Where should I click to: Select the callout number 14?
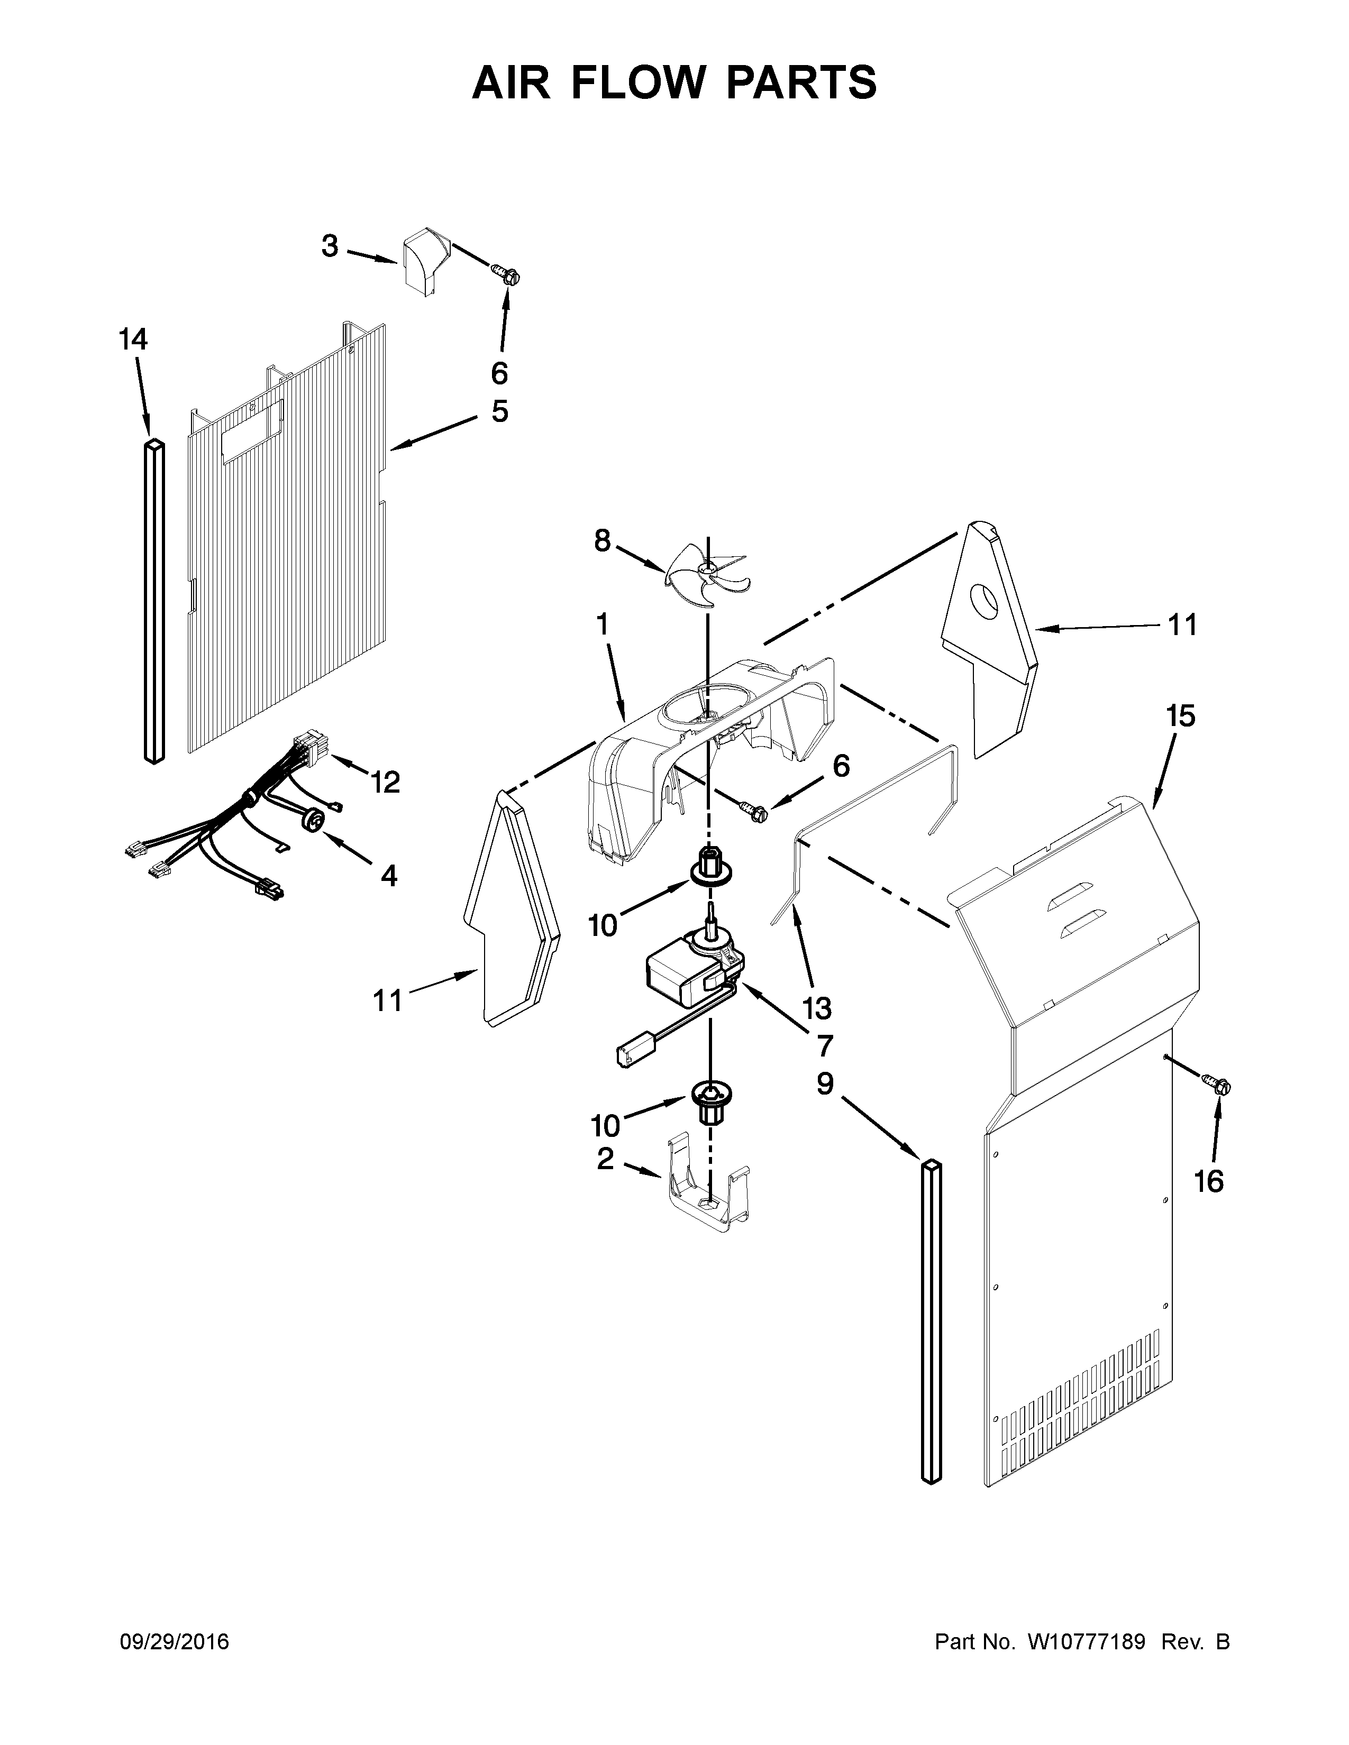pos(133,339)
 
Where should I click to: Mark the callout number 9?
pos(825,1084)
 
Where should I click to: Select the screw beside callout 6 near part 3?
pos(504,275)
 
